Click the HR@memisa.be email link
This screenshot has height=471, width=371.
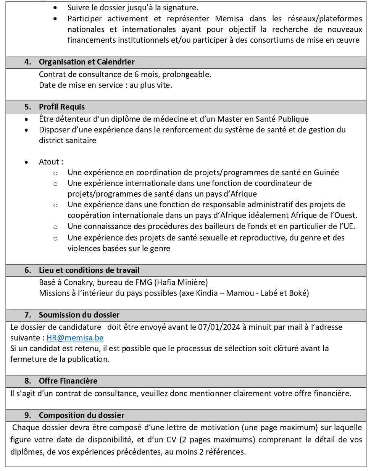pyautogui.click(x=75, y=338)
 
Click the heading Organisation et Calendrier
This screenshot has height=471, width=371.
pyautogui.click(x=87, y=62)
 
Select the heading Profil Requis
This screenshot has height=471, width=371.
pyautogui.click(x=62, y=107)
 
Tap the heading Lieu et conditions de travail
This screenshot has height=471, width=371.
pyautogui.click(x=89, y=270)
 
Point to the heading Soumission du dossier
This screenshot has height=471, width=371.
pyautogui.click(x=79, y=315)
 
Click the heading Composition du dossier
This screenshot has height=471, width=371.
pyautogui.click(x=81, y=415)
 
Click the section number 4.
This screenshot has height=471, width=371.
pyautogui.click(x=27, y=62)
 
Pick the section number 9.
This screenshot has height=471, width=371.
pyautogui.click(x=27, y=415)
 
